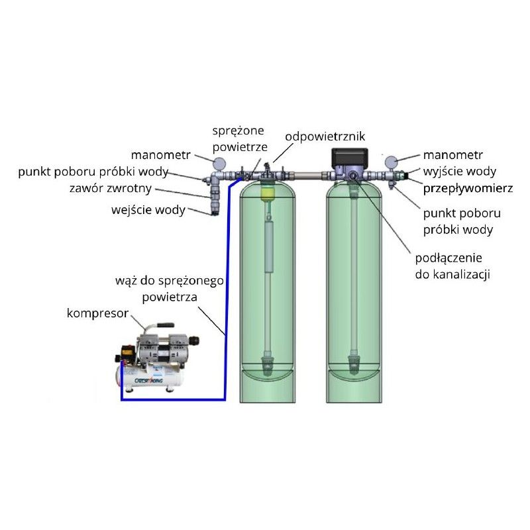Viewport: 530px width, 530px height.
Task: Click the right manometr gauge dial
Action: tap(392, 161)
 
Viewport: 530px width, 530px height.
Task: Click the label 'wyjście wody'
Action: tap(458, 172)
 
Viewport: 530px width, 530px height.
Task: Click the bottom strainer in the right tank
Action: tap(354, 364)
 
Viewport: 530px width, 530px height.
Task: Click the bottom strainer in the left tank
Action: tap(267, 364)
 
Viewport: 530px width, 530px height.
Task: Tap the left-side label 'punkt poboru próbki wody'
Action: tap(93, 172)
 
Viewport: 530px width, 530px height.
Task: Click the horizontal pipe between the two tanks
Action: tap(307, 176)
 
